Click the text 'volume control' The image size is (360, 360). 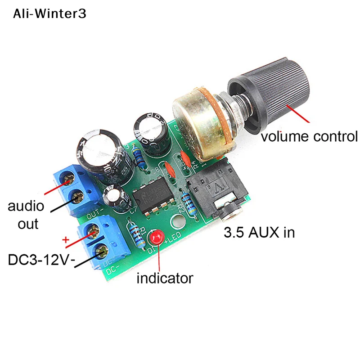[309, 136]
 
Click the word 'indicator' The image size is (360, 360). [165, 278]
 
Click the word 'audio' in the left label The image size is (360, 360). [26, 207]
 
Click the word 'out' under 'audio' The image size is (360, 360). [28, 224]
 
